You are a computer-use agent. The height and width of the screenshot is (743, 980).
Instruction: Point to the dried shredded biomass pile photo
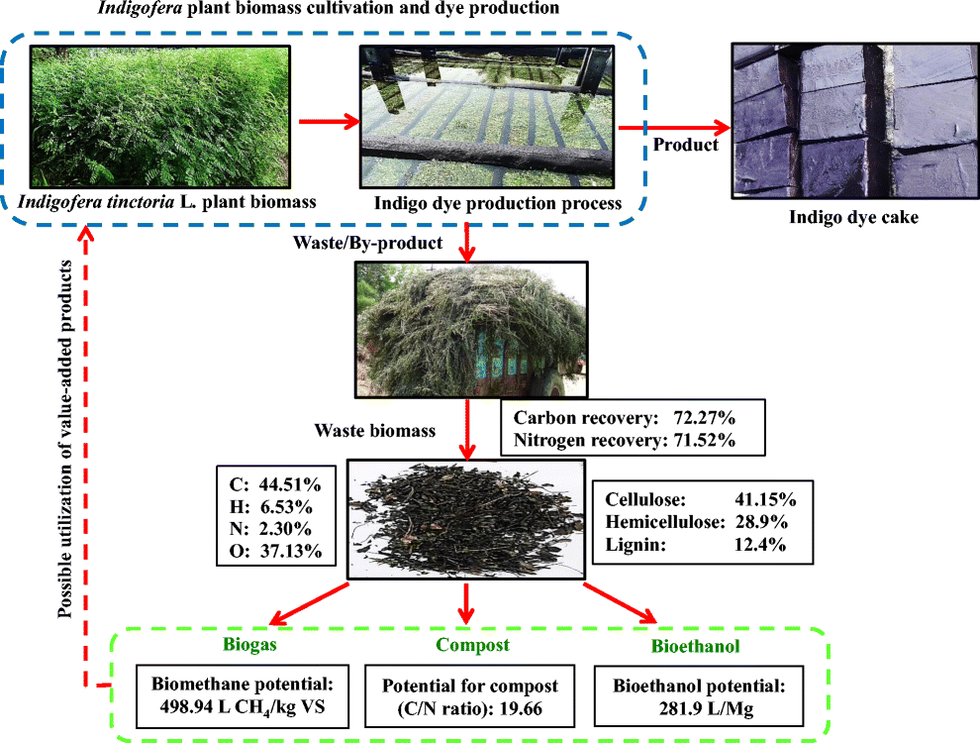(465, 518)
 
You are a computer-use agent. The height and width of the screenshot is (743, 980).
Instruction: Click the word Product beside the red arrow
(686, 145)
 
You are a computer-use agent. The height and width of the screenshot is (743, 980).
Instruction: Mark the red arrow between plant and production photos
(336, 122)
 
